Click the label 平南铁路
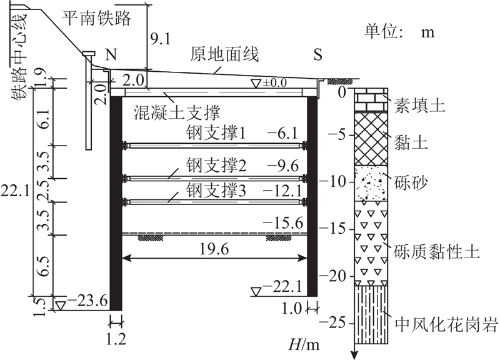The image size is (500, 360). tap(96, 18)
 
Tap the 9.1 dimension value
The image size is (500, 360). tap(161, 39)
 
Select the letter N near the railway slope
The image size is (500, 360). tap(111, 54)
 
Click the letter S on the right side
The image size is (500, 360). tap(318, 54)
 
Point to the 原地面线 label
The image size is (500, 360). tap(224, 54)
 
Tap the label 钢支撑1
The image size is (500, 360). tap(216, 133)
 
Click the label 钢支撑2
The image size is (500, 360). tap(216, 165)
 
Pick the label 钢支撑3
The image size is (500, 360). tap(216, 191)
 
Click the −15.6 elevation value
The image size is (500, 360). tap(282, 223)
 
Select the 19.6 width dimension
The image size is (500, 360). tap(214, 249)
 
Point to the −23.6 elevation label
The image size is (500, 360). tap(87, 301)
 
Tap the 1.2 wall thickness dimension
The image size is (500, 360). tap(116, 339)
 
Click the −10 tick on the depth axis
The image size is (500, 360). tap(335, 182)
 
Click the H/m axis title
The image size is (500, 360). tap(304, 344)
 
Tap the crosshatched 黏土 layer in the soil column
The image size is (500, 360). tap(371, 138)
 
